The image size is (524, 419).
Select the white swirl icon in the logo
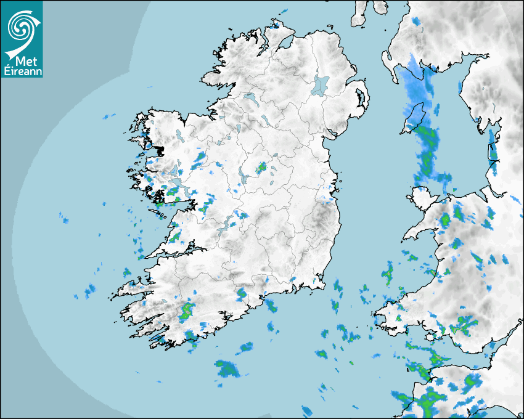pos(21,27)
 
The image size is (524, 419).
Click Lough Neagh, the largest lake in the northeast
pos(321,84)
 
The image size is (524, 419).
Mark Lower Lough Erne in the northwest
pos(250,98)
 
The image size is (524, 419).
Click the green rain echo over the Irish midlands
pos(261,166)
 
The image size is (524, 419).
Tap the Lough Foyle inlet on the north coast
pos(285,43)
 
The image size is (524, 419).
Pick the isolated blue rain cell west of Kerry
pos(90,289)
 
